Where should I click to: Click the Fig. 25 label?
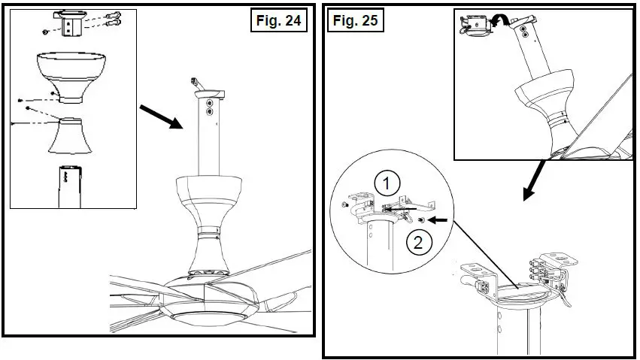[x=354, y=20]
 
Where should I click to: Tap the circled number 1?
[x=384, y=181]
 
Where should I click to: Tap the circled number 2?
[x=419, y=242]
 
